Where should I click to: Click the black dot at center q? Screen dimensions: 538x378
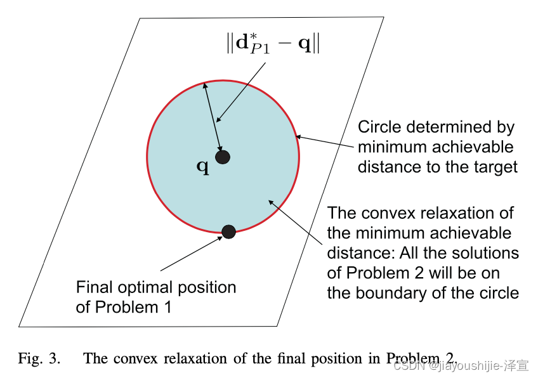(222, 157)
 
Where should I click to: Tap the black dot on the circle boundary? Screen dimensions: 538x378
(228, 231)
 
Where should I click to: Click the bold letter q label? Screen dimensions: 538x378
(202, 167)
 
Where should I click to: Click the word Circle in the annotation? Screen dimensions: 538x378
(379, 127)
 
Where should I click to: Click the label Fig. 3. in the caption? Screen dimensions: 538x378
(39, 359)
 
